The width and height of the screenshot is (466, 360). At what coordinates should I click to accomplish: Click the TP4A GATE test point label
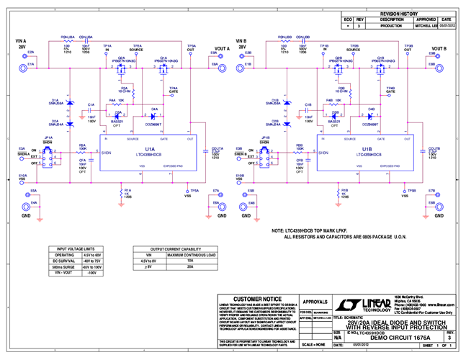[x=173, y=90]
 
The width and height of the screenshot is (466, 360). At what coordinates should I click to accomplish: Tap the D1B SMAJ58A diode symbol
[x=287, y=105]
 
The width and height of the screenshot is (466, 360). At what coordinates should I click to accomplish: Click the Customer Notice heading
[x=249, y=298]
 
